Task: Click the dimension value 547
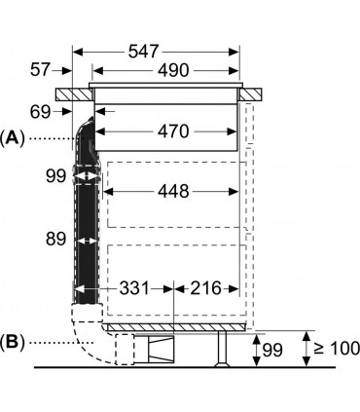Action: [144, 52]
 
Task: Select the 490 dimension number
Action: [173, 70]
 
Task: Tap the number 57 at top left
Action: [41, 70]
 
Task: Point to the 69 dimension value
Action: [41, 112]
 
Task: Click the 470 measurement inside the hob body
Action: [173, 131]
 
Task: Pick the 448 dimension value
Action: [173, 191]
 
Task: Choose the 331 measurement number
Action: [134, 288]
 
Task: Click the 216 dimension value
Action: [205, 288]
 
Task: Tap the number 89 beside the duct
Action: [55, 239]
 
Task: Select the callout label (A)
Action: [12, 138]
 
